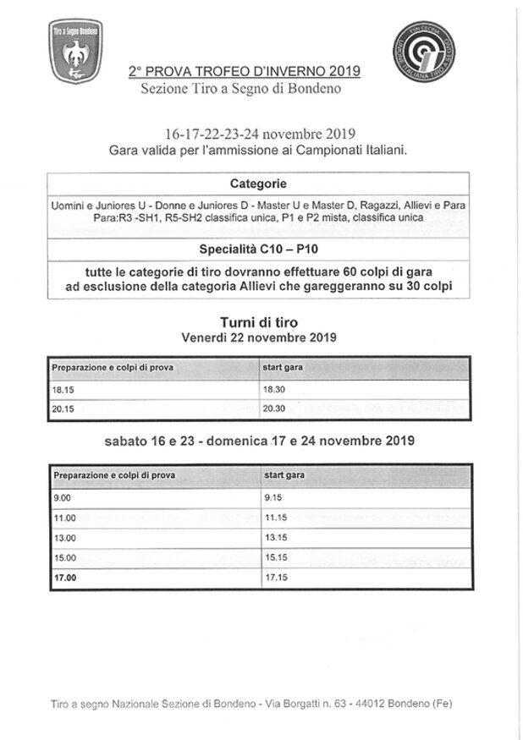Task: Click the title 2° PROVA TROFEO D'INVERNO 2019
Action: pyautogui.click(x=244, y=73)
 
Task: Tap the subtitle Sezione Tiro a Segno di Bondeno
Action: pyautogui.click(x=244, y=88)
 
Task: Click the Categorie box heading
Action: pyautogui.click(x=258, y=184)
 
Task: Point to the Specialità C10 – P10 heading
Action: pyautogui.click(x=258, y=250)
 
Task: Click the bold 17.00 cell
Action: pyautogui.click(x=64, y=577)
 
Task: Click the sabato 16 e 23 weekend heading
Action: pyautogui.click(x=258, y=441)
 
